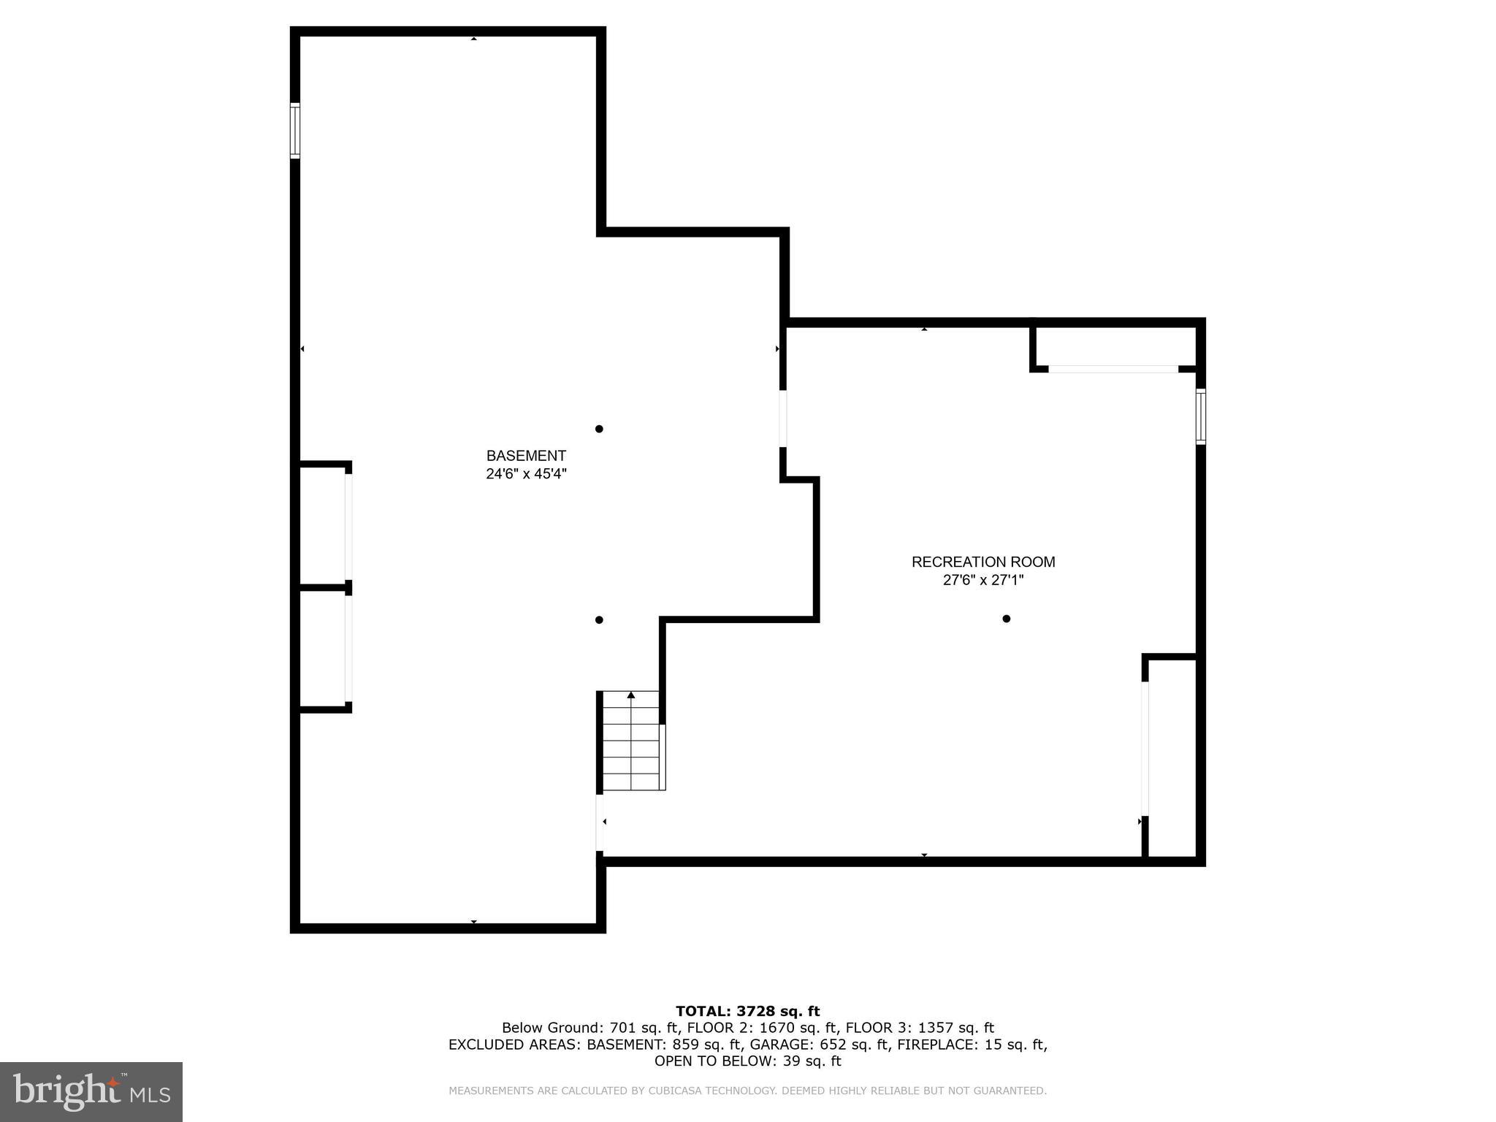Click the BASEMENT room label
(526, 456)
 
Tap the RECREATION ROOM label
(982, 562)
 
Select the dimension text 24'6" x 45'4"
(526, 474)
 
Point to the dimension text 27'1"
(1009, 581)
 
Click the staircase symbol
(631, 742)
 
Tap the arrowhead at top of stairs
(631, 695)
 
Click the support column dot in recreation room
(1006, 619)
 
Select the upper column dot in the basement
(599, 429)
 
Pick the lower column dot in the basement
(599, 620)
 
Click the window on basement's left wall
(295, 131)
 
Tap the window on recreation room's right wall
(1200, 416)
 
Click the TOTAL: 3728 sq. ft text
(747, 1011)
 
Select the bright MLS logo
(91, 1091)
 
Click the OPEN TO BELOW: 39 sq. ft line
(747, 1061)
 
